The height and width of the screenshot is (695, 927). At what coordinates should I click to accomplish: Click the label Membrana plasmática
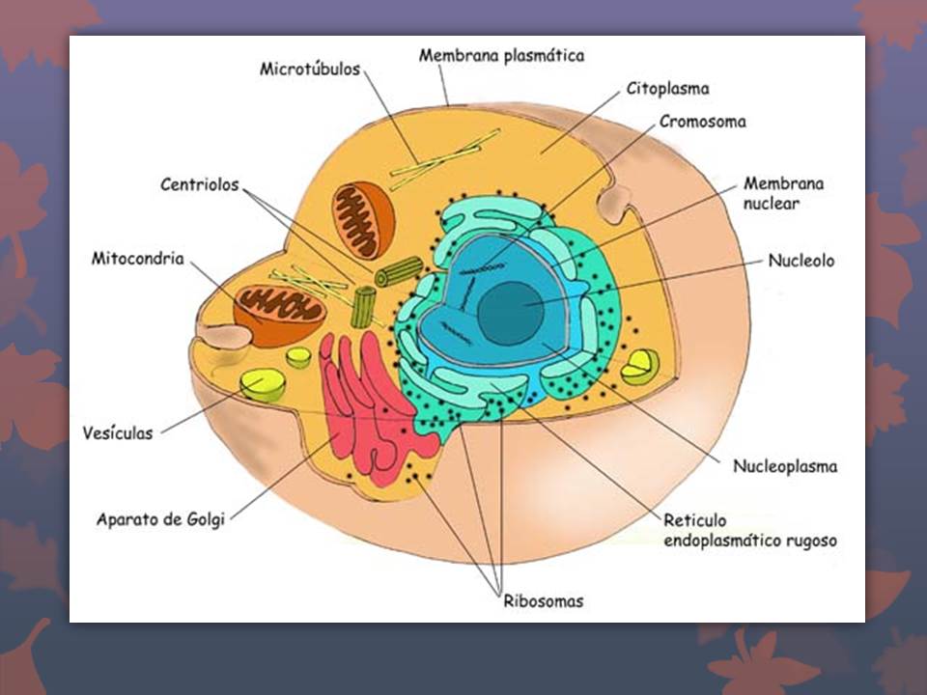(x=501, y=56)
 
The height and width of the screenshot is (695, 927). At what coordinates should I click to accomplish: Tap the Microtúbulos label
(x=309, y=69)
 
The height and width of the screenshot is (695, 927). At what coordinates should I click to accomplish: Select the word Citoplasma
(x=667, y=89)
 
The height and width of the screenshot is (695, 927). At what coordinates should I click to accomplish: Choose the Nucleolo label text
(x=801, y=261)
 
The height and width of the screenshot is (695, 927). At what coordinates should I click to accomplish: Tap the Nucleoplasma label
(x=784, y=466)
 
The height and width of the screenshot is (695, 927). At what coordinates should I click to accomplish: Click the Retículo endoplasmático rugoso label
(x=749, y=530)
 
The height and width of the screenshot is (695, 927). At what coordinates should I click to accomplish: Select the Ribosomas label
(x=543, y=601)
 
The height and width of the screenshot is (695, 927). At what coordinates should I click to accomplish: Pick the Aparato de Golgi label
(x=160, y=519)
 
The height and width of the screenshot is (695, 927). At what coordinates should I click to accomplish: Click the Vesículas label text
(x=118, y=433)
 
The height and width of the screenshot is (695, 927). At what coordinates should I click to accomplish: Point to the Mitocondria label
(x=137, y=259)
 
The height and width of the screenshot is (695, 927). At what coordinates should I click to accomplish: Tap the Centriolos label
(x=199, y=184)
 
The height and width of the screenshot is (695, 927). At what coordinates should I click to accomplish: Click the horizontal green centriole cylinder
(x=399, y=271)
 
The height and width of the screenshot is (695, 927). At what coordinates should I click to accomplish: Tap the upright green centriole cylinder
(x=363, y=306)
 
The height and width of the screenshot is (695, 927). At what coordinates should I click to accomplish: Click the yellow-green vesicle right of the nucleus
(x=639, y=367)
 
